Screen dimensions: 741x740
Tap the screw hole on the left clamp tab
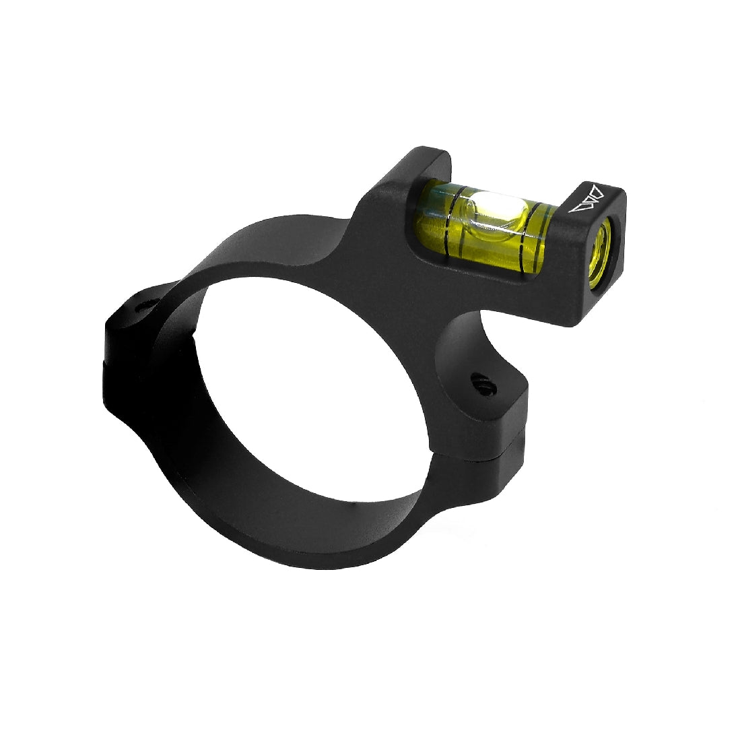coord(143,307)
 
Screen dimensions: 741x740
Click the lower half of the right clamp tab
coord(508,465)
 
